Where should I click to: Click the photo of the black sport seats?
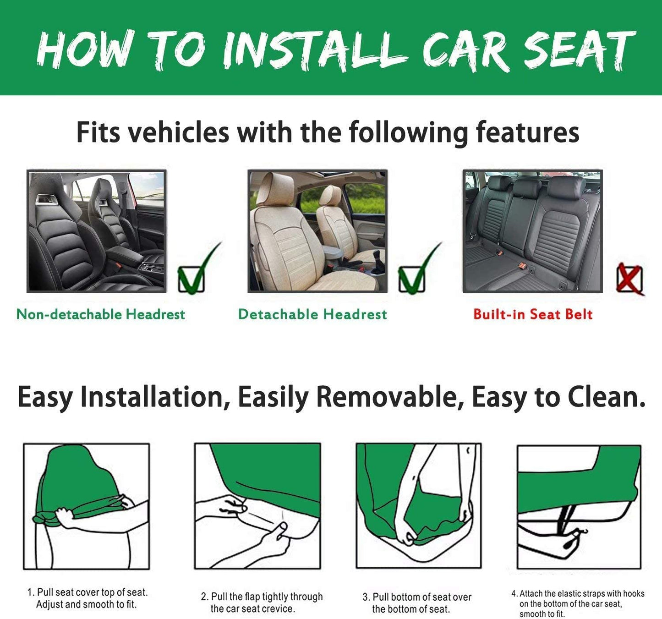[x=97, y=231]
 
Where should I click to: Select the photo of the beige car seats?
[x=317, y=231]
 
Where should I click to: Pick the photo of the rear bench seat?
[x=532, y=231]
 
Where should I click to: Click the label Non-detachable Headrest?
[x=101, y=314]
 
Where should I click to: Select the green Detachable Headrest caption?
[x=312, y=314]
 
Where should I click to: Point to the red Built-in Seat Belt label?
[x=533, y=314]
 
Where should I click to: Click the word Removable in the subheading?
[x=387, y=397]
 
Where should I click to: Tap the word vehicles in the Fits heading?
[x=178, y=132]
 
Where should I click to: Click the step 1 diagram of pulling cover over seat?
[x=87, y=506]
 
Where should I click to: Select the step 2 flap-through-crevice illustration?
[x=257, y=506]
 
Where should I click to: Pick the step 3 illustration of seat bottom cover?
[x=419, y=506]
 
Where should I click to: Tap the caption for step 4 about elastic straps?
[x=578, y=604]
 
